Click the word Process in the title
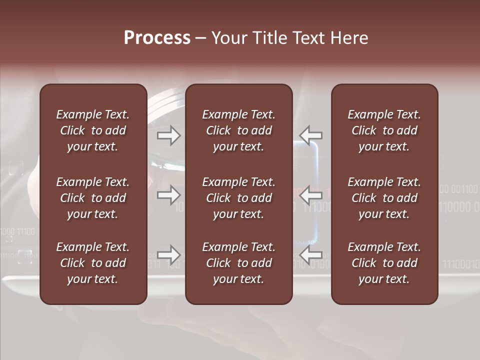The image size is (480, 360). (x=157, y=38)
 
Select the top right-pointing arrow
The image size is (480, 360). (x=168, y=135)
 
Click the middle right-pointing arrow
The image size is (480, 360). (x=168, y=194)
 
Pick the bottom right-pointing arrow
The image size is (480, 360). (x=168, y=254)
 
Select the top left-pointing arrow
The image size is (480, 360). (x=311, y=135)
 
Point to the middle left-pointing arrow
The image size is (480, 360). (x=311, y=194)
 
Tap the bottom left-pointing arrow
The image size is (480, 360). (x=311, y=254)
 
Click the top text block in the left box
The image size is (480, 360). (x=93, y=130)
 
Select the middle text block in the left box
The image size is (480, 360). (x=93, y=198)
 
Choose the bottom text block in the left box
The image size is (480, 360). (x=93, y=263)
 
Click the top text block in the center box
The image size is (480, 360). (x=238, y=130)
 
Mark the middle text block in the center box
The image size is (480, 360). (x=238, y=198)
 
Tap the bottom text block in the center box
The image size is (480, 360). (x=238, y=263)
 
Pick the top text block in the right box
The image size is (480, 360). (x=384, y=130)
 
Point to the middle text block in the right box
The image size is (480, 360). (x=384, y=198)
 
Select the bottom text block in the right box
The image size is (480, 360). (x=384, y=263)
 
